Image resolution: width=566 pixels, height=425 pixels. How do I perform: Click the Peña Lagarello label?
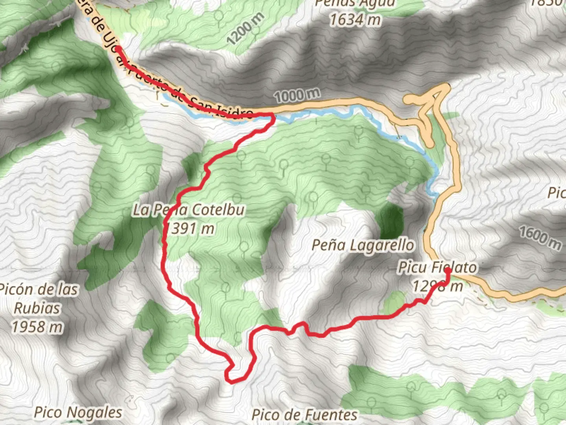362,246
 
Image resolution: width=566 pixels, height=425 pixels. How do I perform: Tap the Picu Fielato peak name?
437,268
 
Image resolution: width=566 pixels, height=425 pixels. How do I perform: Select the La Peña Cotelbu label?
189,210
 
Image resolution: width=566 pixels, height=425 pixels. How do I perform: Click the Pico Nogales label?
78,412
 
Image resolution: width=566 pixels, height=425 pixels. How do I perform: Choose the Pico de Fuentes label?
304,414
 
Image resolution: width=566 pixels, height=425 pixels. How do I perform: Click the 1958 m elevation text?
37,327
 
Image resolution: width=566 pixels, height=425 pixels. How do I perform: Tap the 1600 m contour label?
540,237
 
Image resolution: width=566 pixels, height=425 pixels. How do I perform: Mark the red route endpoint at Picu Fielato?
447,271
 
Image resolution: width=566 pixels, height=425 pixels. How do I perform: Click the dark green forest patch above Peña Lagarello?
390,221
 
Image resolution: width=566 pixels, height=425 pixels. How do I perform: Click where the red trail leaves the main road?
271,115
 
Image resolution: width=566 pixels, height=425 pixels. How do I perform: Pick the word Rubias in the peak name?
37,308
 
